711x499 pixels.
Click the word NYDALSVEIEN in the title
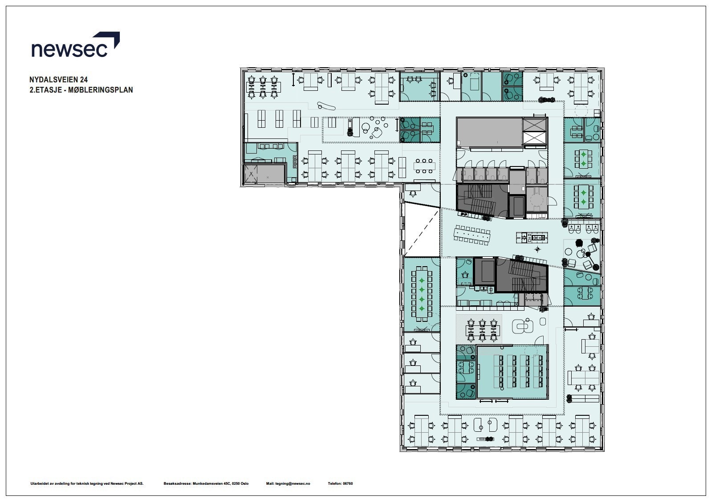tap(53, 80)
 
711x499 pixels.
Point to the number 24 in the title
tap(84, 80)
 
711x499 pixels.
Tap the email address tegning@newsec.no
tap(293, 483)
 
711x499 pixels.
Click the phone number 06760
tap(348, 483)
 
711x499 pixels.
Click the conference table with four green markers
tap(422, 294)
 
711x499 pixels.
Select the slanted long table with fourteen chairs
tap(472, 235)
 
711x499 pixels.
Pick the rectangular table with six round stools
tap(424, 166)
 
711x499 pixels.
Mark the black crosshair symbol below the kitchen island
tap(537, 249)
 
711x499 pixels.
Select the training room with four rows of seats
tap(512, 372)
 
